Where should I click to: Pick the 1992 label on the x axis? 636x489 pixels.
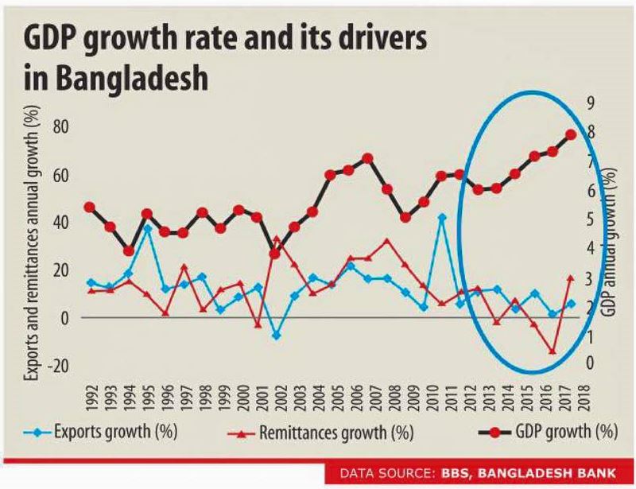91,394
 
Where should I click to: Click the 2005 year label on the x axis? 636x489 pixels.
332,394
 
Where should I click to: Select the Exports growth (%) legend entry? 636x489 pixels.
108,433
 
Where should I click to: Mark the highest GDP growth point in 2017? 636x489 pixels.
571,134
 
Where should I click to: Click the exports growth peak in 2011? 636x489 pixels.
442,217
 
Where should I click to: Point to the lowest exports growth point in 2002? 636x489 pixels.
276,336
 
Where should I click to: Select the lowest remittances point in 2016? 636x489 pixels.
553,351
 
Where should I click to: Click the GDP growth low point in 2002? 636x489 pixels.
275,254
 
